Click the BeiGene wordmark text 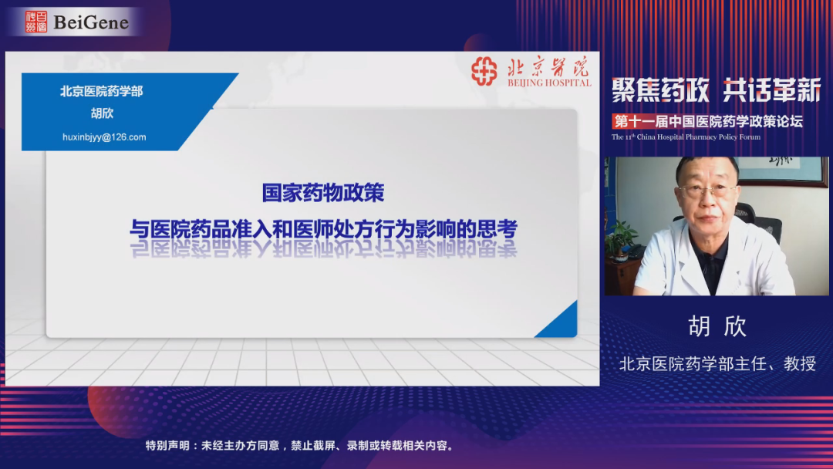(91, 22)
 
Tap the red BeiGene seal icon (36, 22)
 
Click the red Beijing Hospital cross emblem (484, 71)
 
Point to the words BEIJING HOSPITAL (549, 83)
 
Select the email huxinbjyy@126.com (104, 137)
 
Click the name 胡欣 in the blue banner (102, 113)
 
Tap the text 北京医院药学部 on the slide (102, 91)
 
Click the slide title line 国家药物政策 (323, 193)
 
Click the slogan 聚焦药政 (660, 89)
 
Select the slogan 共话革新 (772, 89)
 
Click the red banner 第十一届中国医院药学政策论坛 (708, 122)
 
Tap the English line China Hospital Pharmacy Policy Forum (686, 137)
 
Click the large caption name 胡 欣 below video (718, 326)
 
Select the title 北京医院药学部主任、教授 (718, 364)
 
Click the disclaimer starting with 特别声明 (301, 446)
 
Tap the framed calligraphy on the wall (781, 170)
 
